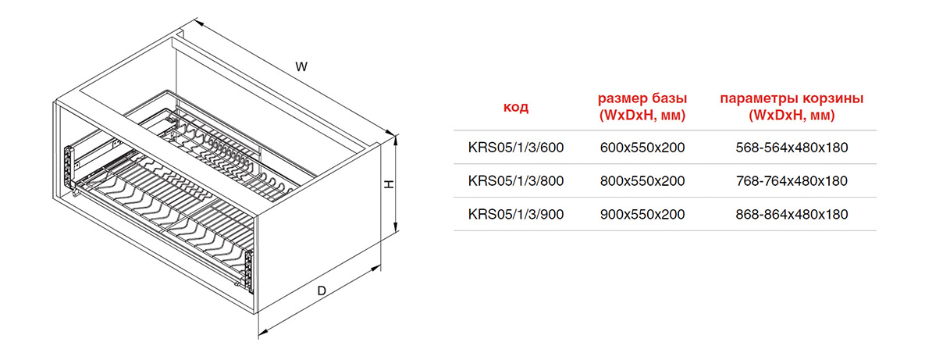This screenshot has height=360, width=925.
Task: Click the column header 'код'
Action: click(516, 108)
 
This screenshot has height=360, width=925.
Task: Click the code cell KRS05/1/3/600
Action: click(516, 148)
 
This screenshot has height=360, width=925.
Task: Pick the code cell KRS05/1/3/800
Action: click(516, 180)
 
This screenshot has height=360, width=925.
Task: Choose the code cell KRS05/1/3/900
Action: click(516, 214)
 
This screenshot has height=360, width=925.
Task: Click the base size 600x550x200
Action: click(642, 148)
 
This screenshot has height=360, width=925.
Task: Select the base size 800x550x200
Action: click(642, 180)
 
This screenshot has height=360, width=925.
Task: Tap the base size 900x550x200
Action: click(642, 214)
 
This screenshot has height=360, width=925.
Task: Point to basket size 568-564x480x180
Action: click(792, 148)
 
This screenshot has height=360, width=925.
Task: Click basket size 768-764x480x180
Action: click(792, 180)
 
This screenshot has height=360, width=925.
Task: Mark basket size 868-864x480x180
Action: click(792, 214)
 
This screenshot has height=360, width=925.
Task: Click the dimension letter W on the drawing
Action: click(301, 66)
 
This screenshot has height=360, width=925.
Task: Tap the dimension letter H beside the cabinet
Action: click(390, 184)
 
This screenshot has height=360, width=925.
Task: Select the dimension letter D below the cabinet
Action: click(322, 290)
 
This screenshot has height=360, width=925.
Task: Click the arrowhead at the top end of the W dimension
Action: click(199, 25)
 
